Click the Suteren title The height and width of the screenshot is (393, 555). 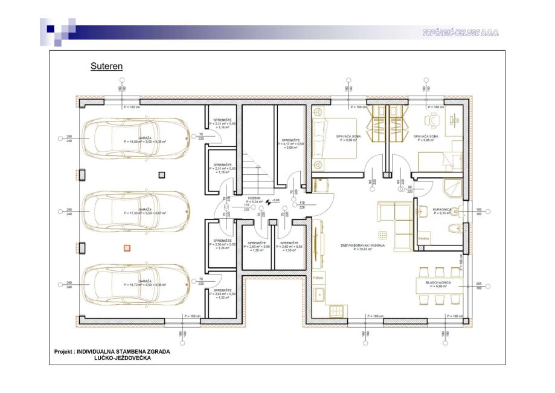pyautogui.click(x=106, y=66)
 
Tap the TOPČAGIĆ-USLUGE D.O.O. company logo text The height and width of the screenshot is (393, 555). pyautogui.click(x=461, y=33)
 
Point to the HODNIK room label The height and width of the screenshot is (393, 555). pyautogui.click(x=254, y=198)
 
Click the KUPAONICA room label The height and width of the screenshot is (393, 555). pyautogui.click(x=443, y=209)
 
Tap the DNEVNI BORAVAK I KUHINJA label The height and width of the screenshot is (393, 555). pyautogui.click(x=362, y=245)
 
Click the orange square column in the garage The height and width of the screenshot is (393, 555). pyautogui.click(x=127, y=247)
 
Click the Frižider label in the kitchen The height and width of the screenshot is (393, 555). pyautogui.click(x=319, y=278)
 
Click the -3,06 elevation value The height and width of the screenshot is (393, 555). pyautogui.click(x=277, y=200)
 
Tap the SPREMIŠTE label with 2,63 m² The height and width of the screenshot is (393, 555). pyautogui.click(x=223, y=290)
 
